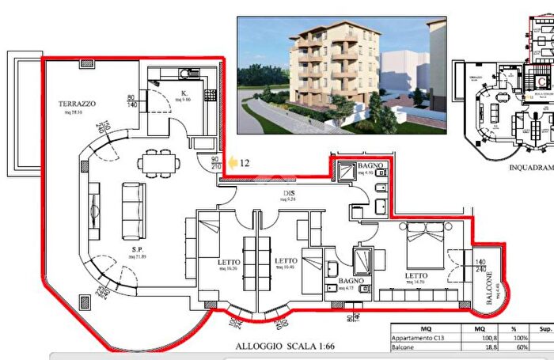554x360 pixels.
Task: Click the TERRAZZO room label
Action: (77, 104)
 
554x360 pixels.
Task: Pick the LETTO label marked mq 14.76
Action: (419, 276)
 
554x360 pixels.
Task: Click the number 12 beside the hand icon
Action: (245, 163)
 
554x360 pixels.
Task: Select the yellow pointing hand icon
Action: (233, 163)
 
